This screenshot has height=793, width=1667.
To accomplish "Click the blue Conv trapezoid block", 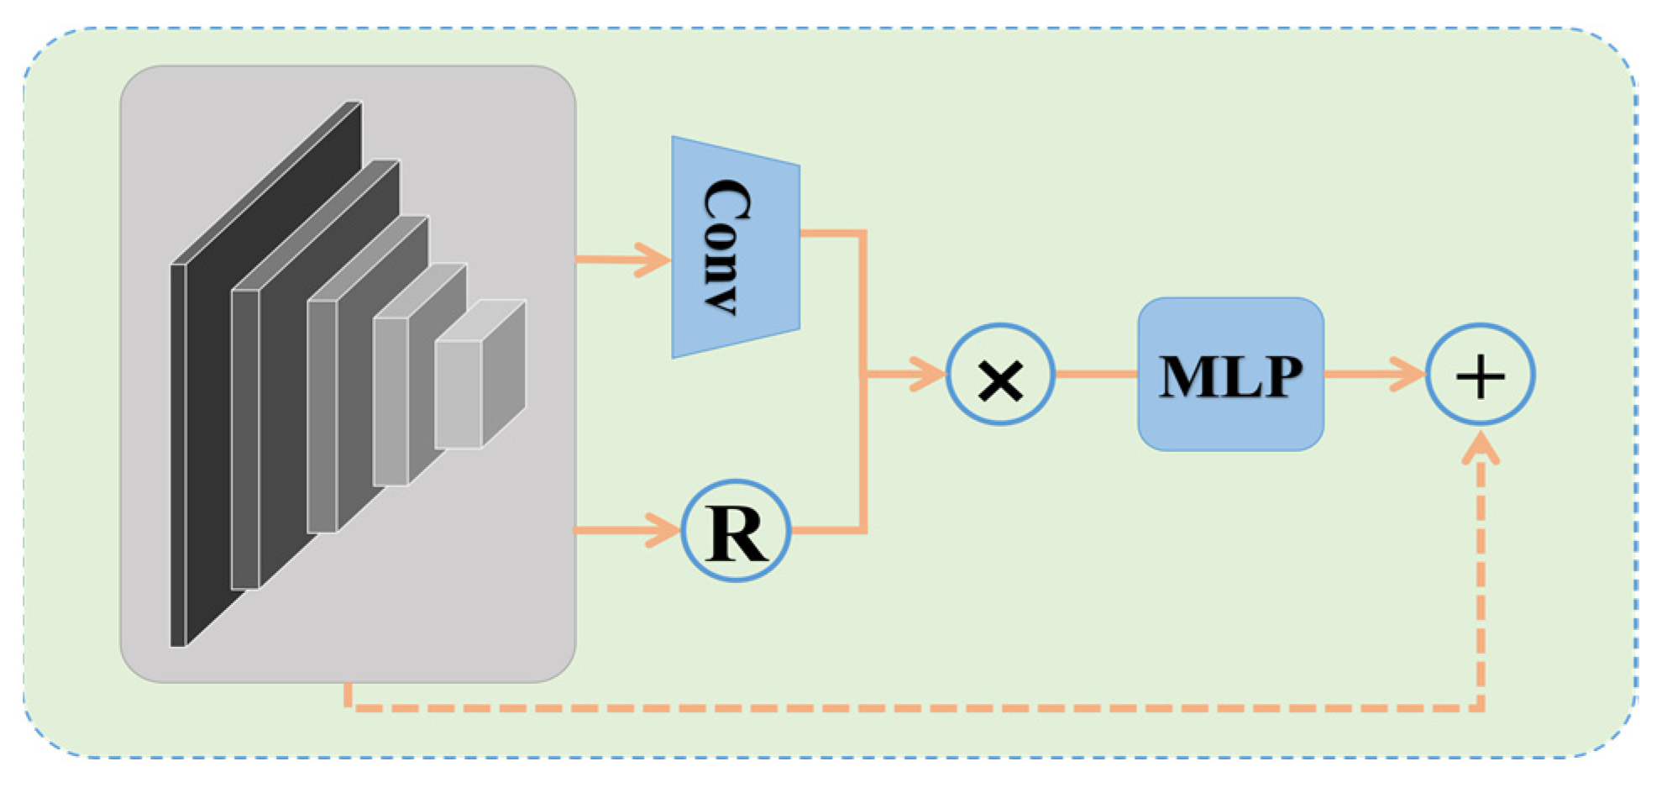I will pos(735,248).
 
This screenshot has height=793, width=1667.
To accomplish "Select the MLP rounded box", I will pos(1230,375).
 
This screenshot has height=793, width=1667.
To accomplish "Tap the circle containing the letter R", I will pos(736,531).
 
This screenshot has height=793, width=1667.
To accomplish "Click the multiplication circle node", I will pos(999,375).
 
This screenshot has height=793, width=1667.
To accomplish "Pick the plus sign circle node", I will pos(1480,375).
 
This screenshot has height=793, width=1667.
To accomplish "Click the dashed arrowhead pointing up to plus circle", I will pos(1481,447).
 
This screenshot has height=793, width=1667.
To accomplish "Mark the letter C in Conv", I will pos(727,202).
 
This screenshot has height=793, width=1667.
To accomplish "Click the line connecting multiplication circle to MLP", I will pos(1096,374).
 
